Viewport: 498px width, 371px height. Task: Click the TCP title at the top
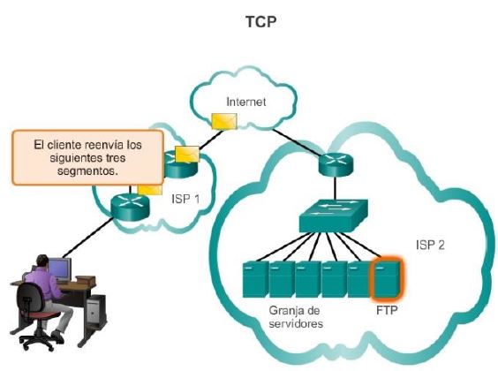(260, 22)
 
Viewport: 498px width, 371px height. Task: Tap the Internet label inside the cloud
(245, 102)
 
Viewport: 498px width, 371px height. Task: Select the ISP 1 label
(185, 199)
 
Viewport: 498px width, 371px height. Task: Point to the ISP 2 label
(430, 245)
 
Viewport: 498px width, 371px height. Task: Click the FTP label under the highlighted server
(387, 310)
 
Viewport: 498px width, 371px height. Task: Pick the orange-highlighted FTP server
(387, 278)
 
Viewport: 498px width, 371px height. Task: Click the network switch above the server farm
(334, 216)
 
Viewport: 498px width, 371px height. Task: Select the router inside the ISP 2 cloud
(336, 164)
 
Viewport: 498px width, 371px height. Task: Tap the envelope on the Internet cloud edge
(224, 121)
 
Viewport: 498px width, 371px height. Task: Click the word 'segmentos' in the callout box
(87, 170)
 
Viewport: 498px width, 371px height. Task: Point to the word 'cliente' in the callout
(64, 145)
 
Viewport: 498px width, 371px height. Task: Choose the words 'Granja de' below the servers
(294, 311)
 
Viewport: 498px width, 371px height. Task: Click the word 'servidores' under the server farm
(296, 323)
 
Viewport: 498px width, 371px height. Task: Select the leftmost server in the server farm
(255, 279)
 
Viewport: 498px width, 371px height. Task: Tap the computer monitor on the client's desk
(59, 269)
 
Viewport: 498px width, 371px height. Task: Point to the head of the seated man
(42, 261)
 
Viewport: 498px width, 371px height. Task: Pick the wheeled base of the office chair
(37, 339)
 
